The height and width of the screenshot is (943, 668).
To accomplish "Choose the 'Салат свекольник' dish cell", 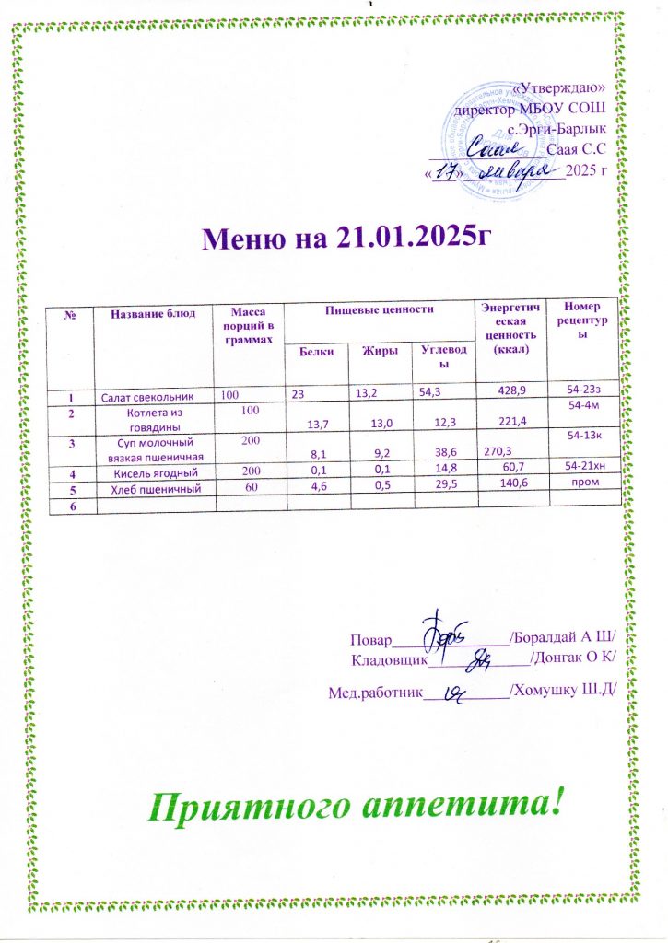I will point(147,396).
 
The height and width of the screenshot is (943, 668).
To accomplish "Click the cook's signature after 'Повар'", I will point(445,634).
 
